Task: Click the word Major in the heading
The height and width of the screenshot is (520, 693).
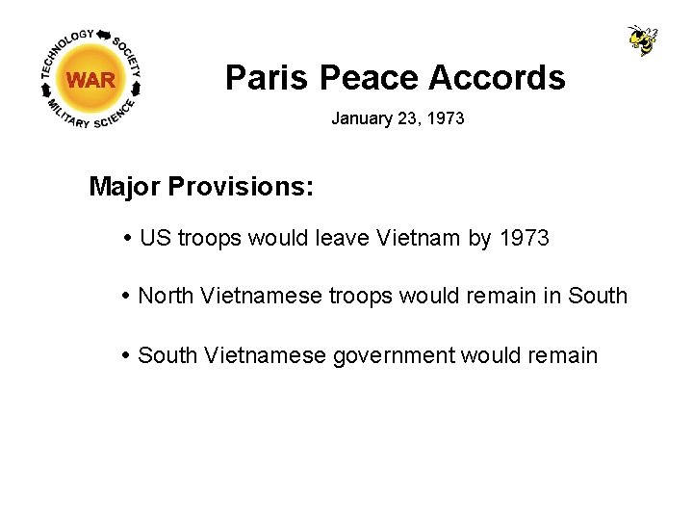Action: (x=124, y=186)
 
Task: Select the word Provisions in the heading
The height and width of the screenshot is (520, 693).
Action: (x=241, y=186)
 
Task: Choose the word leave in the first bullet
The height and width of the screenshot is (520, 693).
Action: (x=336, y=238)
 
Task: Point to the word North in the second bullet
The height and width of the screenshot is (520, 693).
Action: (x=166, y=297)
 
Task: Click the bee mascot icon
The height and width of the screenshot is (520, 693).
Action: (x=642, y=40)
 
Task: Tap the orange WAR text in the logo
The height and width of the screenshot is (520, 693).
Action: (x=91, y=80)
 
